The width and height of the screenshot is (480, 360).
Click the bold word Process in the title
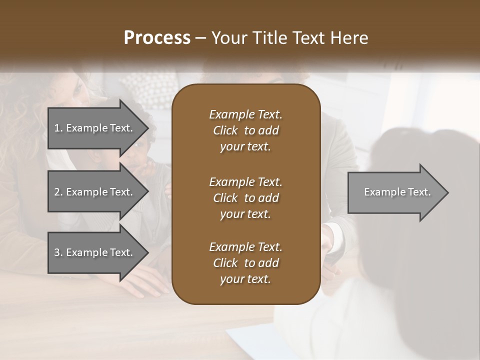pyautogui.click(x=157, y=38)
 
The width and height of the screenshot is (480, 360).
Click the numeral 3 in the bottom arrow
pyautogui.click(x=57, y=252)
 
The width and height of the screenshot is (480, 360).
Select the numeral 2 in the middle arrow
pyautogui.click(x=57, y=192)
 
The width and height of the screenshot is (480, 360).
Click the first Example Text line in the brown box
pyautogui.click(x=245, y=114)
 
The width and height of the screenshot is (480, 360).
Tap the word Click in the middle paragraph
pyautogui.click(x=225, y=198)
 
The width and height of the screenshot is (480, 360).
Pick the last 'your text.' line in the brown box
pyautogui.click(x=245, y=279)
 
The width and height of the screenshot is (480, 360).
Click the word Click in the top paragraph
pyautogui.click(x=225, y=130)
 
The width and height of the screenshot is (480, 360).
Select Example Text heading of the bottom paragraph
pyautogui.click(x=245, y=247)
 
